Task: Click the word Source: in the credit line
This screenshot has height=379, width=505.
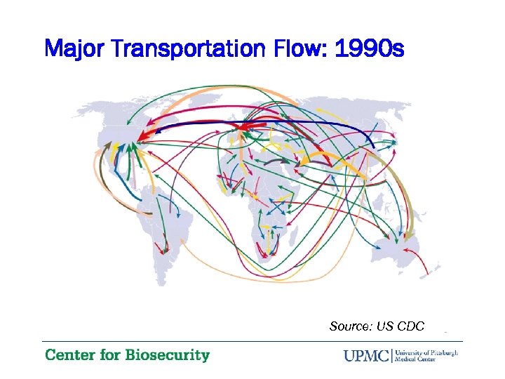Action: coord(351,326)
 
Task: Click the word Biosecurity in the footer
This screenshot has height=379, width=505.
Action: coord(167,355)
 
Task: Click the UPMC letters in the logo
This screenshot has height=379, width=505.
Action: coord(367,355)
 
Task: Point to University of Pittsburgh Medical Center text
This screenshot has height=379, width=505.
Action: coord(426,355)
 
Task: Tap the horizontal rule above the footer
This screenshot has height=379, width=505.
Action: coord(252,342)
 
